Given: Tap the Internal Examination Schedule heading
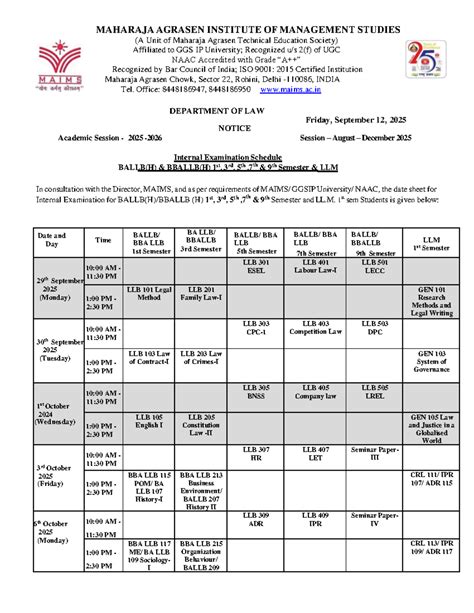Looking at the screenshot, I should coord(237,160).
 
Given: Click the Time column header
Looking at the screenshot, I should coord(104,240).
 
